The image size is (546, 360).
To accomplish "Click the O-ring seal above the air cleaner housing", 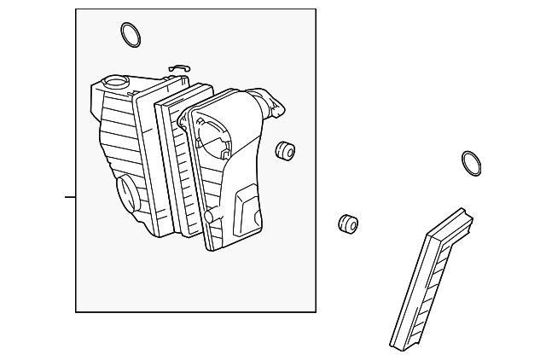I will click(x=130, y=35).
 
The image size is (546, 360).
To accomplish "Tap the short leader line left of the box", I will click(x=70, y=196).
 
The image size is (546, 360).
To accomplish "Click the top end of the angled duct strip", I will click(x=468, y=218).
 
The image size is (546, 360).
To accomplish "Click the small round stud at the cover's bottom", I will click(x=206, y=218).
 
